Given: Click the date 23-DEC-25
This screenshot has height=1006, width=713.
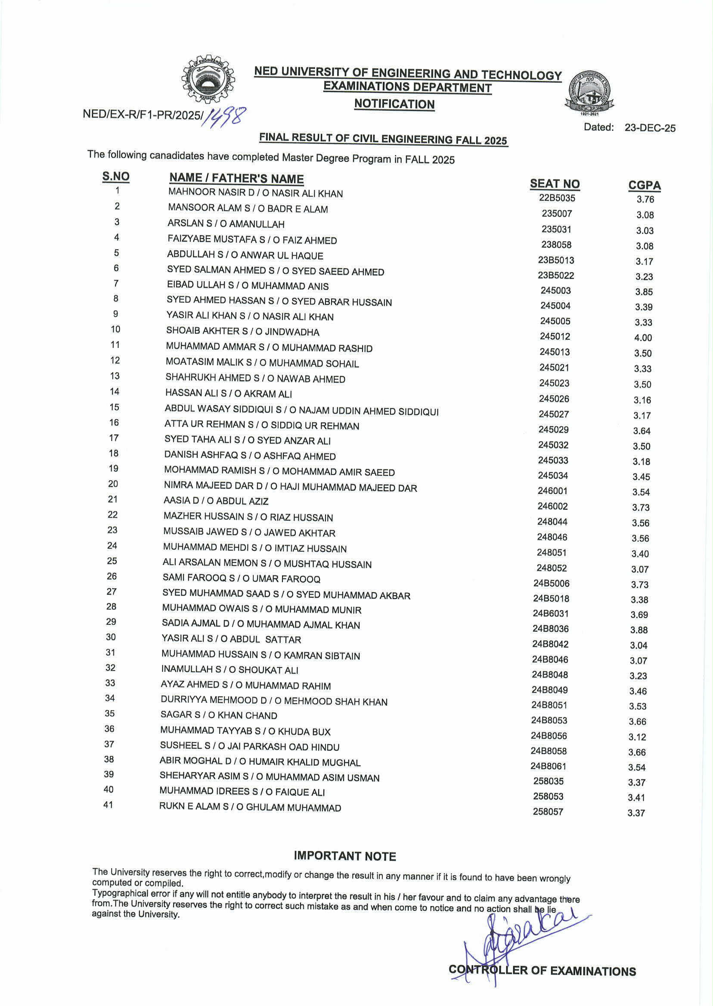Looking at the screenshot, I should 650,128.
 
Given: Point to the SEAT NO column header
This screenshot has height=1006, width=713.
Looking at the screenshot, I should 555,184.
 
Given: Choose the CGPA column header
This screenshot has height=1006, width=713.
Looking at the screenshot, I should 644,185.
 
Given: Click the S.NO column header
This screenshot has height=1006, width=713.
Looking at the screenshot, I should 116,177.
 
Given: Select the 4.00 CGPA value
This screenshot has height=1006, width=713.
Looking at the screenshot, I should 643,338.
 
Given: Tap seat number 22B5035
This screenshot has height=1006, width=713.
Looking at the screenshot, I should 557,198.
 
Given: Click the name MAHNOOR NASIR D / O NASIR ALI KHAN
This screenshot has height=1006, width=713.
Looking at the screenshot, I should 255,193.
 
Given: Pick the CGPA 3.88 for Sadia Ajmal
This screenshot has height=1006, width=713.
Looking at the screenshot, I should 639,630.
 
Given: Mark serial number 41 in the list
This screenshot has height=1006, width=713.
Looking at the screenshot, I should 108,804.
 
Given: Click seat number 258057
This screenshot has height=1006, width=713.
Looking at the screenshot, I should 548,811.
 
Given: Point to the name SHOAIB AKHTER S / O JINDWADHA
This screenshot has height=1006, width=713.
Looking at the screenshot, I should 242,331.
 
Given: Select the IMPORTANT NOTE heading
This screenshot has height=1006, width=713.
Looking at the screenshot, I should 344,856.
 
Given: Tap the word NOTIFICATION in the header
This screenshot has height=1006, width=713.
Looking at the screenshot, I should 394,104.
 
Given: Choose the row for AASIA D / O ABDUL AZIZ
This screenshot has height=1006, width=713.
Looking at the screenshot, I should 216,500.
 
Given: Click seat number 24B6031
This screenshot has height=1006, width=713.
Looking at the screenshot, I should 551,613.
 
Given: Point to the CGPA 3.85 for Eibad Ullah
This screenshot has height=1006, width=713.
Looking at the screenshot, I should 644,292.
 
